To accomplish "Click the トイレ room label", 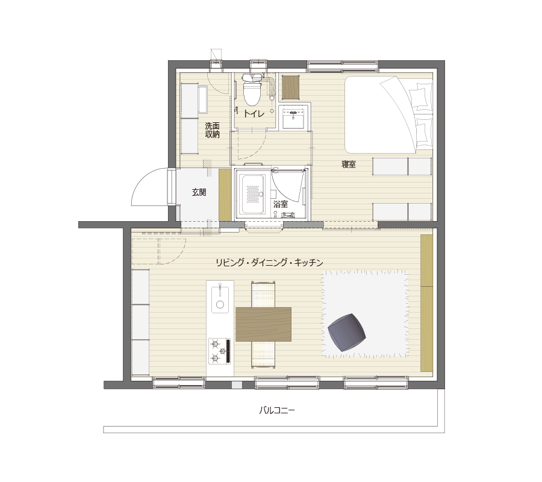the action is tap(254, 113).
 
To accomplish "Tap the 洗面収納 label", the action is tap(212, 130).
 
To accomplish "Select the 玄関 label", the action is tap(199, 192).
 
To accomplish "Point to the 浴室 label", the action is tap(280, 204).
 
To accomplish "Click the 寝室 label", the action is tap(349, 164).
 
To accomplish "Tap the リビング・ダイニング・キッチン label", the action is tap(269, 263).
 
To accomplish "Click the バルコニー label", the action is tap(277, 410).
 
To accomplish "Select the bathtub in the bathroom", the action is tap(253, 194).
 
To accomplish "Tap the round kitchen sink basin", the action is tap(220, 305).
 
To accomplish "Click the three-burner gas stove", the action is tap(220, 351).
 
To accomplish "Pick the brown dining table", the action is tap(263, 324).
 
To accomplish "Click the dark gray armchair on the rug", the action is tap(346, 333).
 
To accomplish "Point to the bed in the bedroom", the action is tap(389, 115).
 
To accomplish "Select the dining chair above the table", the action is tap(263, 294).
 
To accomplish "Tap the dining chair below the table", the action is tap(263, 354).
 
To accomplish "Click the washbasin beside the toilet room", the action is tap(293, 118).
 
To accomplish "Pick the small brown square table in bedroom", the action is tap(290, 87).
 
